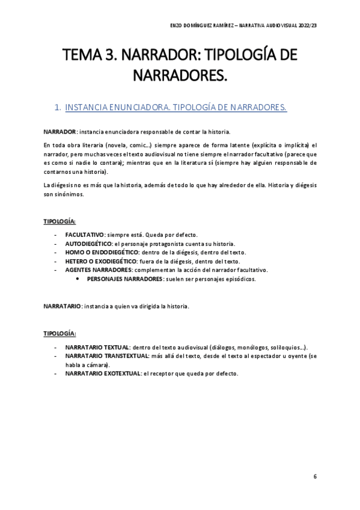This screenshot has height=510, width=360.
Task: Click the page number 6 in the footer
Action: point(315,476)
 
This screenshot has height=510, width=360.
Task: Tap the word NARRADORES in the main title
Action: point(180,76)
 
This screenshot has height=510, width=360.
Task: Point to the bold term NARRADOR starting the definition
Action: point(59,131)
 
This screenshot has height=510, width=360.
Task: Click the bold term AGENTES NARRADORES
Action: point(99,270)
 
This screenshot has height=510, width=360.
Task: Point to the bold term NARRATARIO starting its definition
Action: point(62,306)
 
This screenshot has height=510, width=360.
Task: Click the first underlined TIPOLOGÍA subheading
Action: point(59,221)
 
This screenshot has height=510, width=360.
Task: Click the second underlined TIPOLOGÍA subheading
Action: point(59,333)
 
